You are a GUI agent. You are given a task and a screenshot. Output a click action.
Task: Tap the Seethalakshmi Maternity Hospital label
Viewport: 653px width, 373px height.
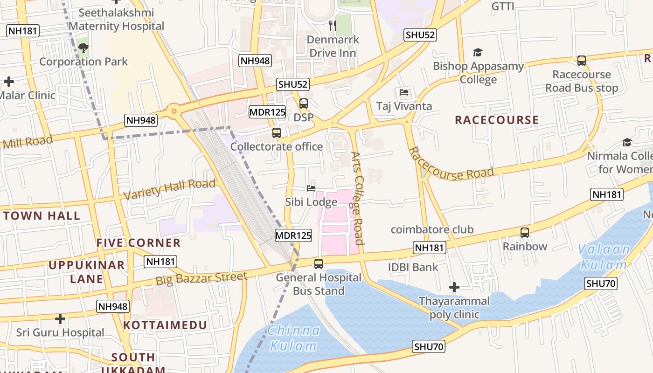[116, 20]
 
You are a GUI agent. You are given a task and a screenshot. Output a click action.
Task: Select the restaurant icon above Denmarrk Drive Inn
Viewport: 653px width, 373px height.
[333, 25]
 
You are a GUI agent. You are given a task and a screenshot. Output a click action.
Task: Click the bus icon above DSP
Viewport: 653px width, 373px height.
[304, 104]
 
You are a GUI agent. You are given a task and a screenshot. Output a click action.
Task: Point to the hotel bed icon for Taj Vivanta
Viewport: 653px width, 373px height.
[404, 92]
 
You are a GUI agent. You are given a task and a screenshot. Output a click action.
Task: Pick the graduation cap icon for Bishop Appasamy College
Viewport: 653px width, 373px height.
[478, 52]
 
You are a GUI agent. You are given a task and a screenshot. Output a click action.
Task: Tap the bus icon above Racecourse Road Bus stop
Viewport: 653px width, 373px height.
[581, 61]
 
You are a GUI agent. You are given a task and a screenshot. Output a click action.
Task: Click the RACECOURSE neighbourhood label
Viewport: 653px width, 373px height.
[497, 120]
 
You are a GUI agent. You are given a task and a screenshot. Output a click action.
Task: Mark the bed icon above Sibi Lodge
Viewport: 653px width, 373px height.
[311, 188]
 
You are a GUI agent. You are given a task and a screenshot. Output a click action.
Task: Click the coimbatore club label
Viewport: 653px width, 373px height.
[432, 229]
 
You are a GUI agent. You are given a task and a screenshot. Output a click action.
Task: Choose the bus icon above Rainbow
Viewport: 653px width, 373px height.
[525, 232]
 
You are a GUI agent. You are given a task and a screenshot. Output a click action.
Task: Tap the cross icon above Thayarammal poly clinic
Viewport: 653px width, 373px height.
[454, 287]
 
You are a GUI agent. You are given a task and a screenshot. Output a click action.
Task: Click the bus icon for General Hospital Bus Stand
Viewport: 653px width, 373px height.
[319, 264]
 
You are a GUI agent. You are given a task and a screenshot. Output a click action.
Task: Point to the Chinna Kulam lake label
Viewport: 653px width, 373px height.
[293, 338]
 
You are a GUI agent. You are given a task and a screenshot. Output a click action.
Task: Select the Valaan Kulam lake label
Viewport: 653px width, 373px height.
[604, 257]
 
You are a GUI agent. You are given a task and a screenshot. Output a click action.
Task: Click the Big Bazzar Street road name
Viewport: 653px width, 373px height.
[201, 279]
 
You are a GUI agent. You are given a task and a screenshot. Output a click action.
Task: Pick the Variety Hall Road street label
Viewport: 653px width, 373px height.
[170, 188]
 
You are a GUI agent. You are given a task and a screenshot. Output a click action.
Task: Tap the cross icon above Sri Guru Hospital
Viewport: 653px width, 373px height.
[60, 319]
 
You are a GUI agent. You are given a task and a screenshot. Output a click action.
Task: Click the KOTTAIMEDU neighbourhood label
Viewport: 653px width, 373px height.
[165, 325]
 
